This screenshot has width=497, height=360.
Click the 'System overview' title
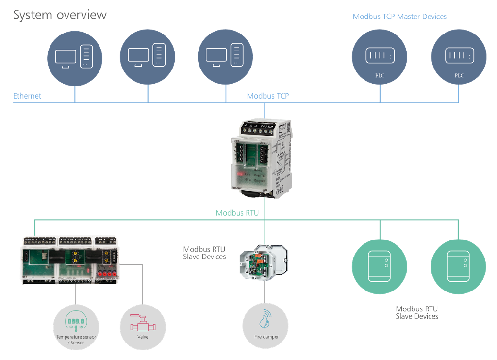(x=60, y=15)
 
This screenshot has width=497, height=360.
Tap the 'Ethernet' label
(x=27, y=96)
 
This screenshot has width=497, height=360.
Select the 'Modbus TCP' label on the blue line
(x=267, y=96)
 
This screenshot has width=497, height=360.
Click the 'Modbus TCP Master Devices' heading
(x=399, y=17)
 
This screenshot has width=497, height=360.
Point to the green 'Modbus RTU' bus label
(x=237, y=213)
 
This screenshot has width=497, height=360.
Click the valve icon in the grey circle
(x=142, y=321)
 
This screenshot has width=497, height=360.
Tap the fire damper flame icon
(x=265, y=318)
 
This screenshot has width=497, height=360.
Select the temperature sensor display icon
(x=76, y=322)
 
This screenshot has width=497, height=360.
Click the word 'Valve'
(x=143, y=337)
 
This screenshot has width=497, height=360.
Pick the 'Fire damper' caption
(x=266, y=337)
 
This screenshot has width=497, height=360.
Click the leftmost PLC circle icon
(x=380, y=57)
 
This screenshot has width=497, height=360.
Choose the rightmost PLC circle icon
(x=459, y=57)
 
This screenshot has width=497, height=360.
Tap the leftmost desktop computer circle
(x=75, y=57)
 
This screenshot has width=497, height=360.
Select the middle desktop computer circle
(x=147, y=57)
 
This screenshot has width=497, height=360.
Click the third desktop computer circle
(x=225, y=57)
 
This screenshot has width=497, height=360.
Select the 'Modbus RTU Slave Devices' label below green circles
(x=416, y=312)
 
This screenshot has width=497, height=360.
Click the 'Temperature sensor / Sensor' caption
(x=76, y=340)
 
